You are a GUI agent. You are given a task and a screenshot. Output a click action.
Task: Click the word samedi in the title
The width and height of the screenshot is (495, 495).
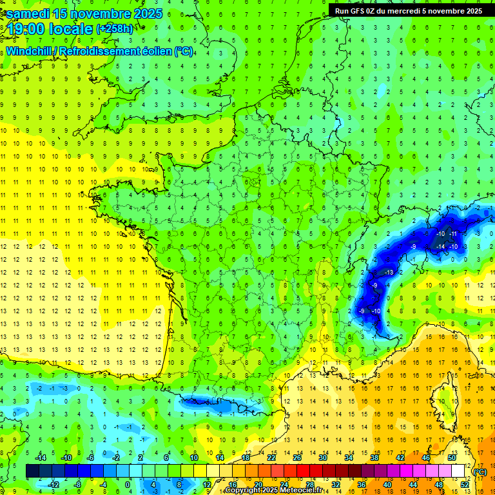[x=28, y=14]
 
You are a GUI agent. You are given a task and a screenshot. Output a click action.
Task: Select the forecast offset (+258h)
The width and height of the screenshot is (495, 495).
[x=116, y=29]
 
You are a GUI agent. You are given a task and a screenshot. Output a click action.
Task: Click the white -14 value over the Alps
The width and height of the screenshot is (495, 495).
[x=442, y=247]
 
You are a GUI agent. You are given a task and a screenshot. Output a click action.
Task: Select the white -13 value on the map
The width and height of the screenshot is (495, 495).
[x=389, y=273]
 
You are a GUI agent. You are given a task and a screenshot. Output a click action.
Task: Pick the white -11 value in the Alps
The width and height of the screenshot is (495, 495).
[x=454, y=233]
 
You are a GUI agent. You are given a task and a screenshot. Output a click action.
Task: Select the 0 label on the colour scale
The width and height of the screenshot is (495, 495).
[x=127, y=485]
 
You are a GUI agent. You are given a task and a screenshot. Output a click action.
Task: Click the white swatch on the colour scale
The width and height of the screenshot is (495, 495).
[x=458, y=471]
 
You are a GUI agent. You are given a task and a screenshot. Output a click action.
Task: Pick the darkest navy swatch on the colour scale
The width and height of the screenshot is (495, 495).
[x=32, y=471]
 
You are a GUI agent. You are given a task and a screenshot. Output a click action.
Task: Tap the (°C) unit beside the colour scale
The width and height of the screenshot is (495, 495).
[x=480, y=472]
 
